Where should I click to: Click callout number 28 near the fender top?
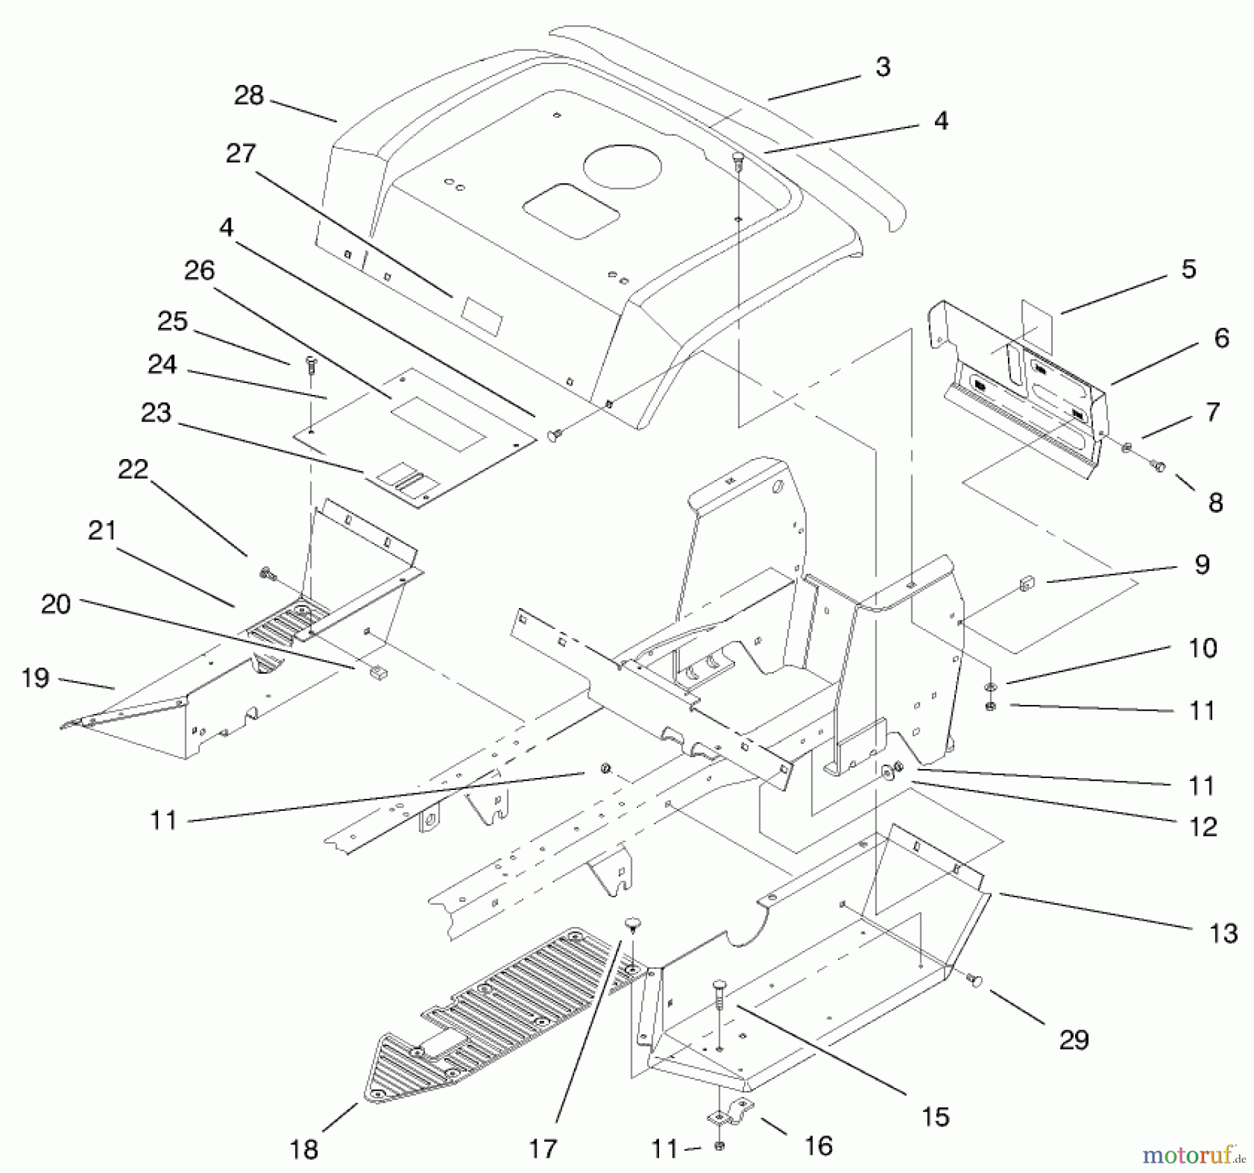point(248,95)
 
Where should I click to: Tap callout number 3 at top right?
point(883,67)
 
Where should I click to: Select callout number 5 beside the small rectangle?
point(1189,269)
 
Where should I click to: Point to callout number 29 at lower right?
point(1074,1040)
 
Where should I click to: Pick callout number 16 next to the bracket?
point(818,1145)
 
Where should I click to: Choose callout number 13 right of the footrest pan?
point(1223,933)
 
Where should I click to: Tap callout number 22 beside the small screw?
point(132,469)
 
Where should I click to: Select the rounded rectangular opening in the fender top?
point(571,211)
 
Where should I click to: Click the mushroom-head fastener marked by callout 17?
point(631,924)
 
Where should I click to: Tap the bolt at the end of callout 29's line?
point(975,981)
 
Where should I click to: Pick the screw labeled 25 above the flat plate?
point(311,363)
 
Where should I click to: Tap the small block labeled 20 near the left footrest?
point(378,672)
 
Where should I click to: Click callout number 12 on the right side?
point(1202,827)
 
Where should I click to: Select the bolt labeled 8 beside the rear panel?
point(1159,466)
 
